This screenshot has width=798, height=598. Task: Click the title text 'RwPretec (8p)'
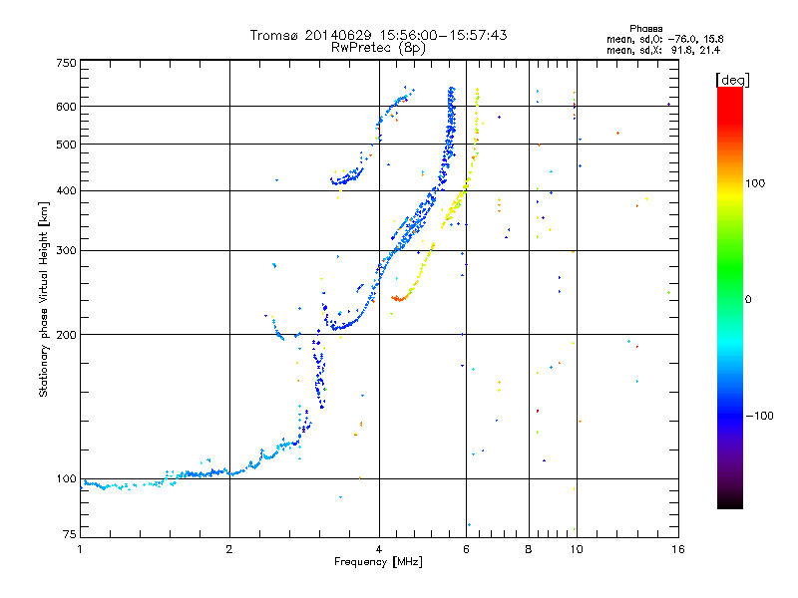[x=378, y=47]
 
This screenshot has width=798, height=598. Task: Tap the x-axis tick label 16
[x=675, y=549]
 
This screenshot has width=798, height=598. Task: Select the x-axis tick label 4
[x=379, y=549]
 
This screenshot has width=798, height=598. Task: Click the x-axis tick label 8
[x=528, y=549]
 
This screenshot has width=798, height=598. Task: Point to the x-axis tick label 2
[x=229, y=549]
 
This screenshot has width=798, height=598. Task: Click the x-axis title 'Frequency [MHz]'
[x=378, y=563]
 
